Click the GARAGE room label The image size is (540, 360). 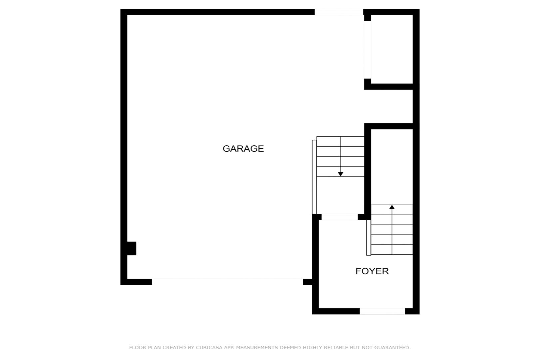pos(243,149)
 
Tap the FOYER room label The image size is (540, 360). pos(372,271)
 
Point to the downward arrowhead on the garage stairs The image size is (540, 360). pos(340,174)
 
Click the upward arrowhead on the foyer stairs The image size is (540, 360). pos(392,207)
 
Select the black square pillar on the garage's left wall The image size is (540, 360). pos(132,248)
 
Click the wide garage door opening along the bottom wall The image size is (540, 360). pos(227,282)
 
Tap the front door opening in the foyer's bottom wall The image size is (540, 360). pos(382,311)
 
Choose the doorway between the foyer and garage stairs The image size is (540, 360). pos(340,217)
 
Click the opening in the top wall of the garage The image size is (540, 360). pos(339,12)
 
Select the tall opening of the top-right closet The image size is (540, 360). pos(367,50)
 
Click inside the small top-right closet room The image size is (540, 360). pos(392,49)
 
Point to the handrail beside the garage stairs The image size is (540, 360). pos(314,177)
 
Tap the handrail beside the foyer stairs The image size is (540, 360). pos(368,237)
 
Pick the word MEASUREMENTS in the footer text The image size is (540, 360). pos(257,347)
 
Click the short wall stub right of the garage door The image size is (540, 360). pos(307,282)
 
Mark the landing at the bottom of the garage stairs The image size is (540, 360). pos(340,195)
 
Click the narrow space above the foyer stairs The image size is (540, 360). pos(392,167)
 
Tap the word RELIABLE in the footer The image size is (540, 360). pos(335,347)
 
